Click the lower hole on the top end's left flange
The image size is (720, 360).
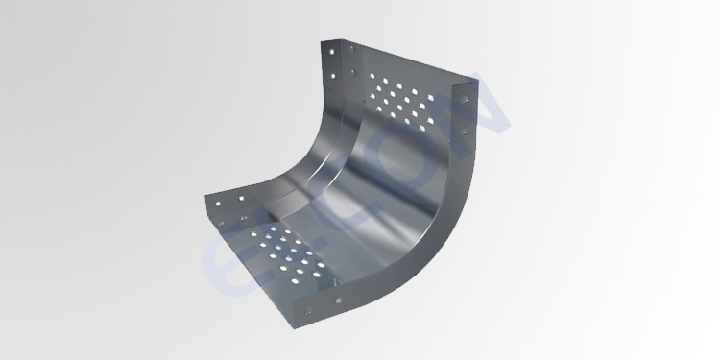click(334, 75)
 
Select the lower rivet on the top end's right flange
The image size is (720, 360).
click(468, 129)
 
